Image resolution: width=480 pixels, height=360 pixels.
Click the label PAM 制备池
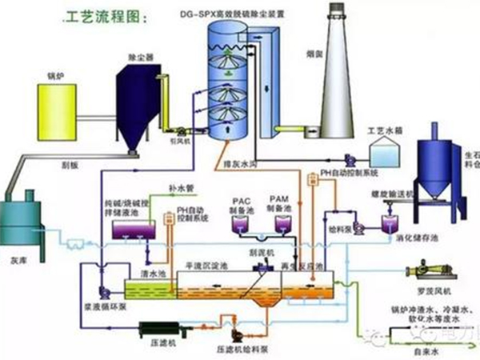pyautogui.click(x=278, y=203)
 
